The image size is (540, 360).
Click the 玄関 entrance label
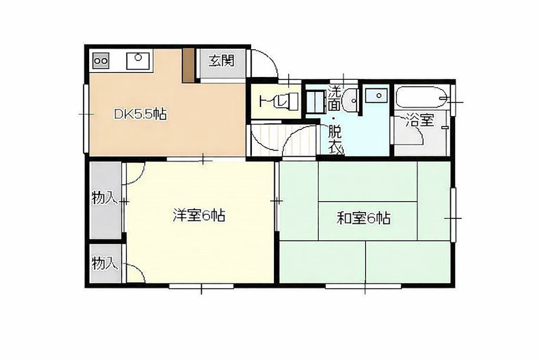tap(221, 61)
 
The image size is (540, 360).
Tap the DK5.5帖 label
tap(140, 114)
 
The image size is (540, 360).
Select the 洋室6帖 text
tap(199, 216)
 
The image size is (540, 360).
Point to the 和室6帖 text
tap(365, 218)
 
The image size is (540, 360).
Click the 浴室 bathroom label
tap(420, 122)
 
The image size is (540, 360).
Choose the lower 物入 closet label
tap(105, 263)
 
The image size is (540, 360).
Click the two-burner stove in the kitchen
tap(101, 61)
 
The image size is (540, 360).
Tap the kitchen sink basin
tap(138, 60)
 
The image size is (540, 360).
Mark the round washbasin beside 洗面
tap(350, 102)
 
